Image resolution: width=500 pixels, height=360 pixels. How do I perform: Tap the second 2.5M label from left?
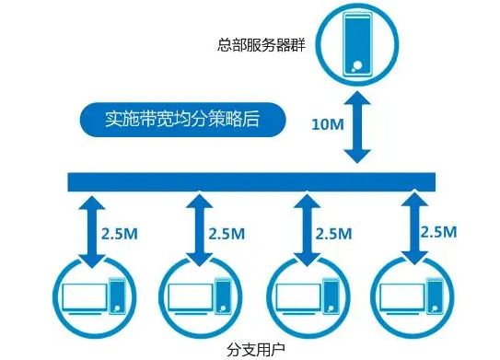pyautogui.click(x=227, y=232)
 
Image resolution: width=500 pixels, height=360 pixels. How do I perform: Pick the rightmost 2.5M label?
pyautogui.click(x=438, y=230)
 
